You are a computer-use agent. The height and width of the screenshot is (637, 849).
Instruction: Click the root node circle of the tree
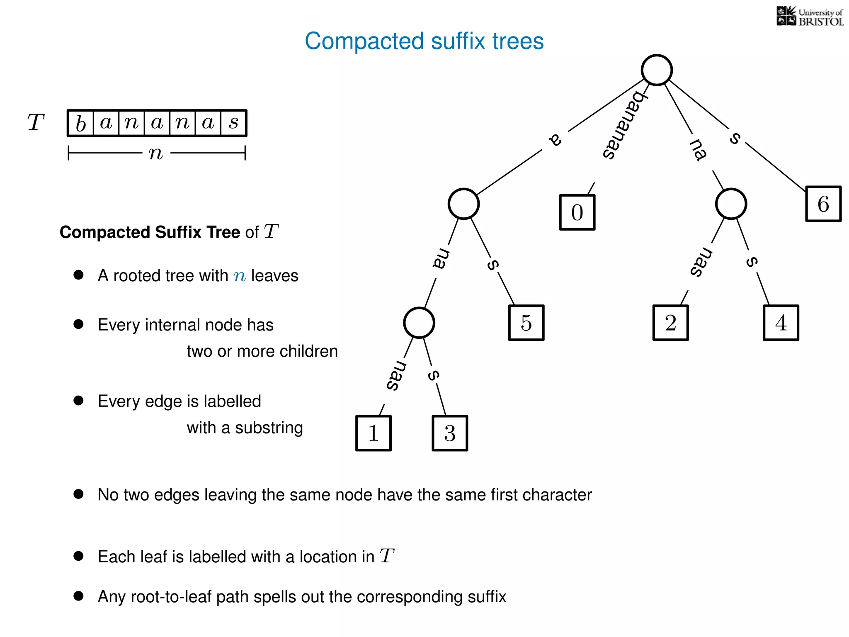(657, 70)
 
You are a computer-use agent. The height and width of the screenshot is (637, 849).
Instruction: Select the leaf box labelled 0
(577, 212)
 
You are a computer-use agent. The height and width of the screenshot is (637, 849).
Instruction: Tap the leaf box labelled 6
(823, 204)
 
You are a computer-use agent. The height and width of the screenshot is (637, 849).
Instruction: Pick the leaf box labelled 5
(526, 323)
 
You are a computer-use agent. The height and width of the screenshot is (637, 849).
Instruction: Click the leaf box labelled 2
(670, 323)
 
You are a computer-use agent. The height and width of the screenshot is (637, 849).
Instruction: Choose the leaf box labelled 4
(781, 323)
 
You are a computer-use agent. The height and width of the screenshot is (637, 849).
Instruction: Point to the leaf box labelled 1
(374, 433)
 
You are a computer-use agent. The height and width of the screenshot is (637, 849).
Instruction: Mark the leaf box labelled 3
(450, 433)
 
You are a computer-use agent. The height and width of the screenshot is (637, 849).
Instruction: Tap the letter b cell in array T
(81, 123)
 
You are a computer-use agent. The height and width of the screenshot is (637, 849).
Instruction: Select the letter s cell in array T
(234, 123)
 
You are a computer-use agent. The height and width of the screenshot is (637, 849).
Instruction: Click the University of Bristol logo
(810, 17)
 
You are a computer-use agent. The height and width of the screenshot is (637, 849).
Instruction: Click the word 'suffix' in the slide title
(458, 41)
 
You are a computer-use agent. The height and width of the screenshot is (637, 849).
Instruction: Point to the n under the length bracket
(156, 153)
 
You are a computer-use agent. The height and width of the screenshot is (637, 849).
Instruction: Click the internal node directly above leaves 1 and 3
(419, 323)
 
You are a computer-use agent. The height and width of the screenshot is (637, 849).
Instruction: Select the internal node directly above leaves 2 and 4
(731, 204)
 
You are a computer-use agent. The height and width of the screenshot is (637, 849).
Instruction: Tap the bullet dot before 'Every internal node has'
(78, 324)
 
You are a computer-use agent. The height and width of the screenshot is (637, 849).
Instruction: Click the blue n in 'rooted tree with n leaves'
(240, 276)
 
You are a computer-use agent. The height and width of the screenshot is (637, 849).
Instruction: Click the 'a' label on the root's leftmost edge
(555, 139)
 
